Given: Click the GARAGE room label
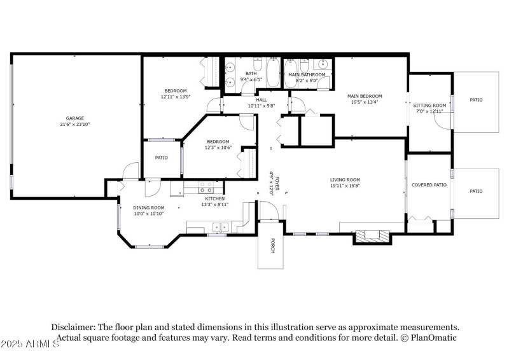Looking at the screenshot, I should (x=75, y=118).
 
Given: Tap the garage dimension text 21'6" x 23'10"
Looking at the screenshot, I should (x=75, y=125).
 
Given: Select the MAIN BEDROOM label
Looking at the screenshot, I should (x=364, y=96).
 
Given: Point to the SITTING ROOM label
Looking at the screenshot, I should (x=428, y=106).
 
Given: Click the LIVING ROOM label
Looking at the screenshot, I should (x=345, y=180).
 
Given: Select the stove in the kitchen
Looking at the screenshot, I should (x=206, y=187).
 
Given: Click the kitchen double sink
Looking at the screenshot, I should (x=221, y=226).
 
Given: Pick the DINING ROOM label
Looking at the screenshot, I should (x=148, y=208).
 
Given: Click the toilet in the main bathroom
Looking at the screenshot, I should (x=304, y=66).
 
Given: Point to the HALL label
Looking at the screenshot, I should (x=261, y=100).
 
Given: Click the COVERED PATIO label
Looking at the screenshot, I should (x=429, y=185).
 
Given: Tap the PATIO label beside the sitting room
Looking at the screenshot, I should (x=476, y=100).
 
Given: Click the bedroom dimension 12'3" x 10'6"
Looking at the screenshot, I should (x=218, y=148).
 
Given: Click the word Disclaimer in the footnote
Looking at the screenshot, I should (x=74, y=326).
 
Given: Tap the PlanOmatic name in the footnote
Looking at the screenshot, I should (x=434, y=338).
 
